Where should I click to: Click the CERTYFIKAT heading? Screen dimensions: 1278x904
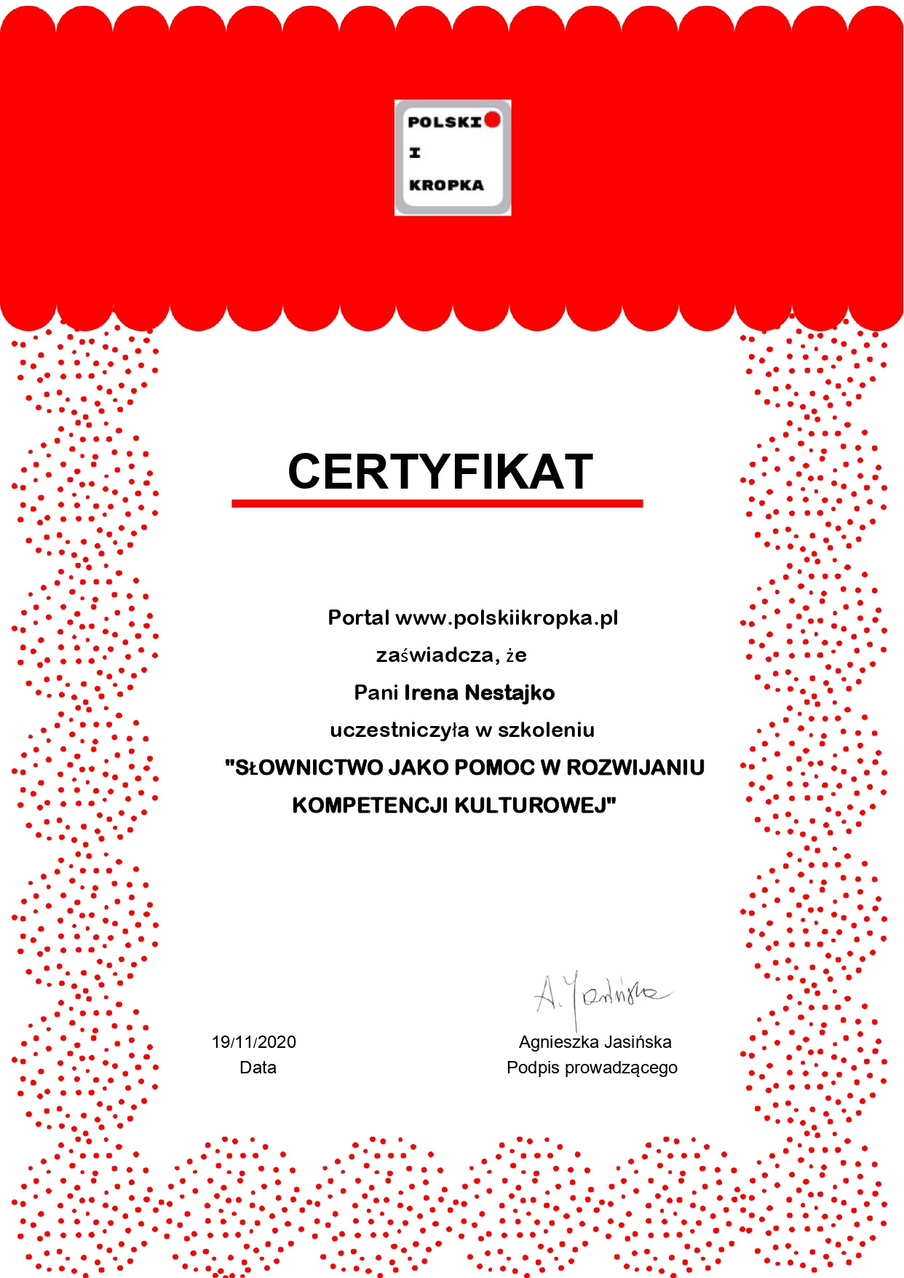(x=440, y=471)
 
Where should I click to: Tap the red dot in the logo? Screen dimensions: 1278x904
(x=493, y=119)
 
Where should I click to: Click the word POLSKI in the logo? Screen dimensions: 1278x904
(x=444, y=122)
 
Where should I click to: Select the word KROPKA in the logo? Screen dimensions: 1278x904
(x=446, y=185)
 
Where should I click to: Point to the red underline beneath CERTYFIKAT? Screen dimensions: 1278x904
(x=437, y=503)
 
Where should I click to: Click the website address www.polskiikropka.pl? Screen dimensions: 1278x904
(x=507, y=618)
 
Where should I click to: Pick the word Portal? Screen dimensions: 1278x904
(x=358, y=618)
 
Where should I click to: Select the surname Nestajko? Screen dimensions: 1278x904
(x=510, y=693)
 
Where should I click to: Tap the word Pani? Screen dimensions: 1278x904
(x=376, y=693)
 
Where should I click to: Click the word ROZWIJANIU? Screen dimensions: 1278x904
(x=635, y=768)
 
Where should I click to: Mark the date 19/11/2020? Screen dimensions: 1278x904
(x=253, y=1042)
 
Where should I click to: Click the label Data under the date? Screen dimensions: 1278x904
(x=258, y=1068)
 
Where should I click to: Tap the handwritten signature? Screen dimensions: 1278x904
(x=600, y=995)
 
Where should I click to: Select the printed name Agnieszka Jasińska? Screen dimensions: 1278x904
(x=595, y=1042)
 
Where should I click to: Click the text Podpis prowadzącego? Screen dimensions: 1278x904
(x=592, y=1068)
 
